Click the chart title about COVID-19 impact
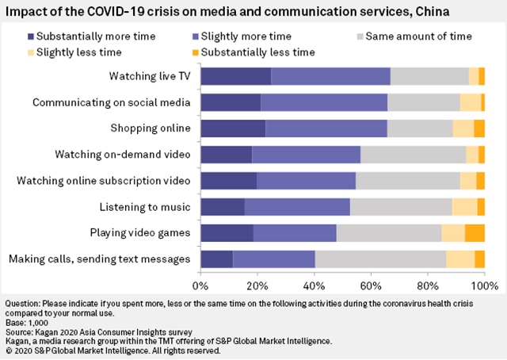click(x=225, y=13)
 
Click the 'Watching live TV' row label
click(x=150, y=76)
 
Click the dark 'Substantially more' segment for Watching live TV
click(x=236, y=76)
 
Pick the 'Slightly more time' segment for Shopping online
click(x=326, y=128)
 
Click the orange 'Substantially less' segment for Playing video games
click(x=475, y=232)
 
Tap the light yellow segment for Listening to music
click(x=465, y=207)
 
